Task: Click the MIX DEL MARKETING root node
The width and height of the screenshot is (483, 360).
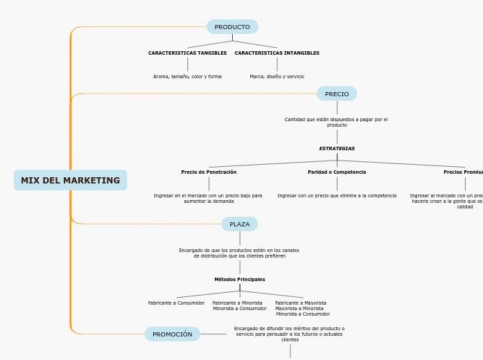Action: (70, 181)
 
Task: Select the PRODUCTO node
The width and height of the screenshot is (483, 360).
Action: (232, 27)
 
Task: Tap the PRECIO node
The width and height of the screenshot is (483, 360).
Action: (337, 94)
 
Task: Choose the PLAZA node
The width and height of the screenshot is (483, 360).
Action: (239, 224)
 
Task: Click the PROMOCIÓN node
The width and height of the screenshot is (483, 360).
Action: (173, 334)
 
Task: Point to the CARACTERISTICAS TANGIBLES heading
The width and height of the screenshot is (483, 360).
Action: (187, 53)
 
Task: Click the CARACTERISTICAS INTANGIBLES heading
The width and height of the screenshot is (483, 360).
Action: (276, 53)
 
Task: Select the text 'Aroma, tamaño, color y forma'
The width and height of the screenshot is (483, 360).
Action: (187, 77)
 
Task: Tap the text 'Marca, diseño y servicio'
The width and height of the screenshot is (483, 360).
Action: (276, 77)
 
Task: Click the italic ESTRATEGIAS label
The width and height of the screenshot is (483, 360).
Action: (337, 149)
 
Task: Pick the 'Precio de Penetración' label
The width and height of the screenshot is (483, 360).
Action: (209, 172)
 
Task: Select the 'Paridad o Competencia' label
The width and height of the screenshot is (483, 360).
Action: (337, 172)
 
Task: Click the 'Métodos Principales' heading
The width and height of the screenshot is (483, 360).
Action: (239, 280)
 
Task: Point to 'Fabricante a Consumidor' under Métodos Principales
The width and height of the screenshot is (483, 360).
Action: (176, 303)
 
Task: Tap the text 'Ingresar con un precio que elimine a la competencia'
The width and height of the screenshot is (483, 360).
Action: (337, 196)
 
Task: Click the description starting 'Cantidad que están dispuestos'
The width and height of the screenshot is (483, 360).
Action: (336, 122)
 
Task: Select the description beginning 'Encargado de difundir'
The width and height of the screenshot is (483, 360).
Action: (289, 334)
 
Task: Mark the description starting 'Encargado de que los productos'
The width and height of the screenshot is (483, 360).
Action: (239, 253)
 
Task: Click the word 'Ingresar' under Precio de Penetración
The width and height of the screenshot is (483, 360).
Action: (165, 196)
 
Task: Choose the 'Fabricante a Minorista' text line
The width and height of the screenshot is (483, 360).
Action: (237, 303)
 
